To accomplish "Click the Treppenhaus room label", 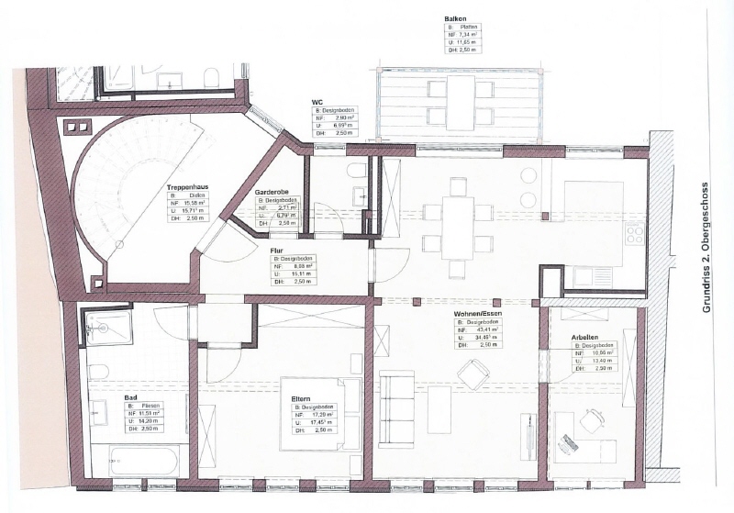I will (187, 188).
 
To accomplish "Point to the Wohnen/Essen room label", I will (476, 313).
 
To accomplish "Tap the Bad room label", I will (131, 397).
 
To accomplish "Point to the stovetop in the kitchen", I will (634, 234).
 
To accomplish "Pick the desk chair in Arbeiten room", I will (592, 419).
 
